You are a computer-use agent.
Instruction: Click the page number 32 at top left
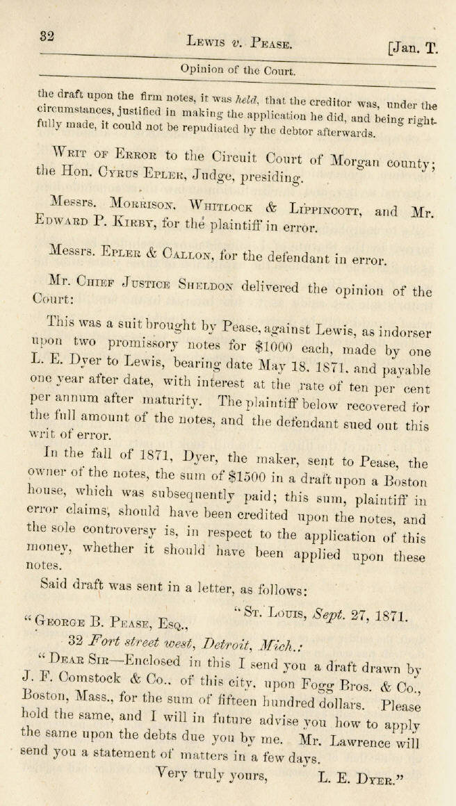47,36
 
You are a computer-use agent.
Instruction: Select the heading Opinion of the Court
238,70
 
